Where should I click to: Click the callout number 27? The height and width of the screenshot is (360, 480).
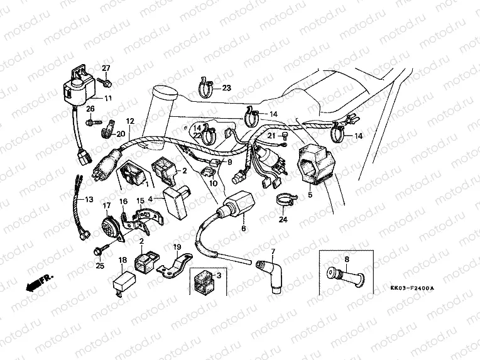(x=106, y=68)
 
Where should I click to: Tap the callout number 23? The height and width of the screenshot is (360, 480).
(x=226, y=87)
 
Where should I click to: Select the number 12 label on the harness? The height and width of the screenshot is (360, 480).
(x=130, y=121)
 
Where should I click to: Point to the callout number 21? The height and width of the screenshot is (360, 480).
(x=271, y=135)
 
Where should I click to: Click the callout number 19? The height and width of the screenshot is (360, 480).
(x=177, y=247)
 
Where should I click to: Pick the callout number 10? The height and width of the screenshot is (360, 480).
(x=213, y=183)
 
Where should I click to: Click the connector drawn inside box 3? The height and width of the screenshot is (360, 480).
(x=204, y=280)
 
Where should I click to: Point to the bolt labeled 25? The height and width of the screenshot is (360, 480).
(x=99, y=251)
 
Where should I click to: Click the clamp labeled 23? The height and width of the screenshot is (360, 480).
(x=204, y=87)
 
